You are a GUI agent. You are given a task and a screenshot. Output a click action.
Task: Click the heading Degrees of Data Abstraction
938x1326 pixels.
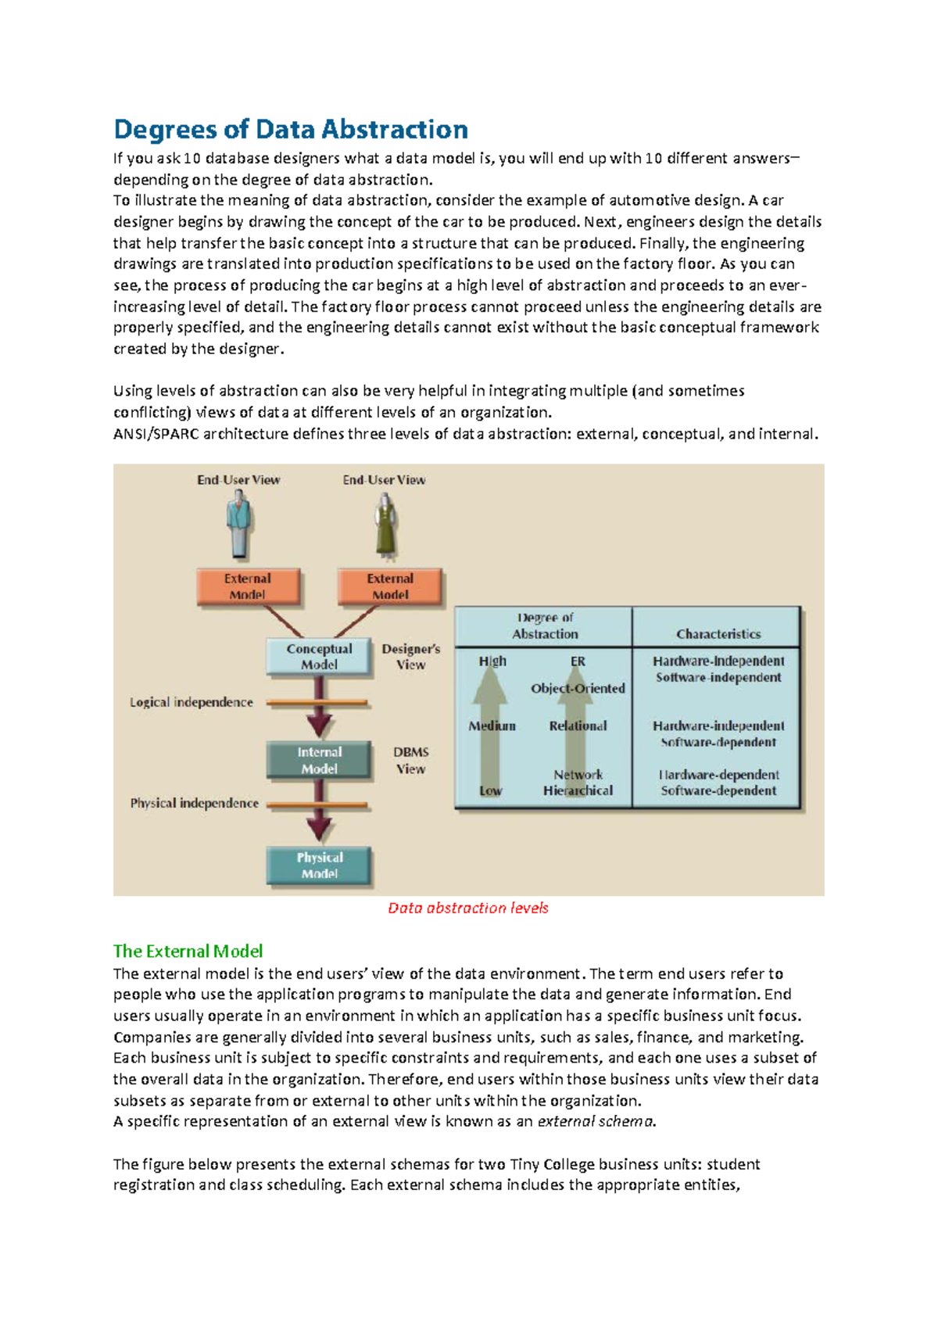point(291,129)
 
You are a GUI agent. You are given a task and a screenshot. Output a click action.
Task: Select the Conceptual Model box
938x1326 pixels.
point(319,657)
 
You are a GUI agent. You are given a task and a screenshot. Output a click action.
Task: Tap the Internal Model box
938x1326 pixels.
point(319,760)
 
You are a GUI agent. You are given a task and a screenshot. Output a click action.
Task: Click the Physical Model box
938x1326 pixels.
point(319,865)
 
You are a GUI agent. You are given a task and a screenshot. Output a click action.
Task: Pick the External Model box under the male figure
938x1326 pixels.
point(248,586)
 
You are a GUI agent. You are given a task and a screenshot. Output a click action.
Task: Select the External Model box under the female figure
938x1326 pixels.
point(390,586)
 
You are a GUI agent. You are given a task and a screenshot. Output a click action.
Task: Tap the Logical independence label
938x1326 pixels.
point(192,702)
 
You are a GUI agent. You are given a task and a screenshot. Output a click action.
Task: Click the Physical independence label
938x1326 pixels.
point(194,803)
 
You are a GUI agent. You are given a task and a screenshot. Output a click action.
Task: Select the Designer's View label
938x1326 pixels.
point(410,657)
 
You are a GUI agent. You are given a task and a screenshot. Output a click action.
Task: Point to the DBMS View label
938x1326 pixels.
point(410,760)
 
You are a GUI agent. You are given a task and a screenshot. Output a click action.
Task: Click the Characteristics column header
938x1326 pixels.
point(718,634)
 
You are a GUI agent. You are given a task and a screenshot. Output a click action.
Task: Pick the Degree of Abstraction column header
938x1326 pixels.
point(545,625)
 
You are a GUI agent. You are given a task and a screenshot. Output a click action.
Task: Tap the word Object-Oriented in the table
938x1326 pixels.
point(578,688)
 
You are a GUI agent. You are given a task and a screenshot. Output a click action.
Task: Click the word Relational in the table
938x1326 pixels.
point(578,726)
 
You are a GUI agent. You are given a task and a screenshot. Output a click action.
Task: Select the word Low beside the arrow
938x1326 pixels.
point(490,790)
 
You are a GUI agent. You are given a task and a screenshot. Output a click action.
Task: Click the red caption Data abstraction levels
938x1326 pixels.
point(467,908)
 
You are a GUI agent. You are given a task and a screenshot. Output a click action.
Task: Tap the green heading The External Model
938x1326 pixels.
point(188,951)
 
